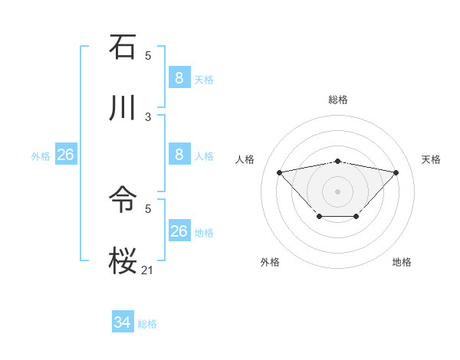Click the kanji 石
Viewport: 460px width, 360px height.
(x=123, y=47)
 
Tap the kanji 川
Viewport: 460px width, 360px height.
(x=123, y=108)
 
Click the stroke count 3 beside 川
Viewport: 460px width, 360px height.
(x=148, y=116)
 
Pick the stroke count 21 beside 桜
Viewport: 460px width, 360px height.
(x=147, y=269)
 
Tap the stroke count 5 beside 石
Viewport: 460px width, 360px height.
(x=148, y=55)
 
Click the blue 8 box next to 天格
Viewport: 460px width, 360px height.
(x=179, y=77)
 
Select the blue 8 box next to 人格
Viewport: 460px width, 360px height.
(x=179, y=154)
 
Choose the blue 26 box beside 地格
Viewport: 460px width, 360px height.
(x=179, y=231)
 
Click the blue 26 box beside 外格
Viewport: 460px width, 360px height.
(x=65, y=155)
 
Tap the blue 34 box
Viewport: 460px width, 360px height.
(x=122, y=322)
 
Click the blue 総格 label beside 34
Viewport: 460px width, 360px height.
(x=147, y=324)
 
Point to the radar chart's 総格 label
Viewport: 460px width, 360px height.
(x=337, y=100)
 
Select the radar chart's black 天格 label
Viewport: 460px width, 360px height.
(x=431, y=159)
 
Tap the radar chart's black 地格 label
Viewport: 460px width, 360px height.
(x=402, y=262)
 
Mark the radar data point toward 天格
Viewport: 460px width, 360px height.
(x=396, y=172)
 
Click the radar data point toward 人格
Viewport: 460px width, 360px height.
(x=279, y=172)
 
